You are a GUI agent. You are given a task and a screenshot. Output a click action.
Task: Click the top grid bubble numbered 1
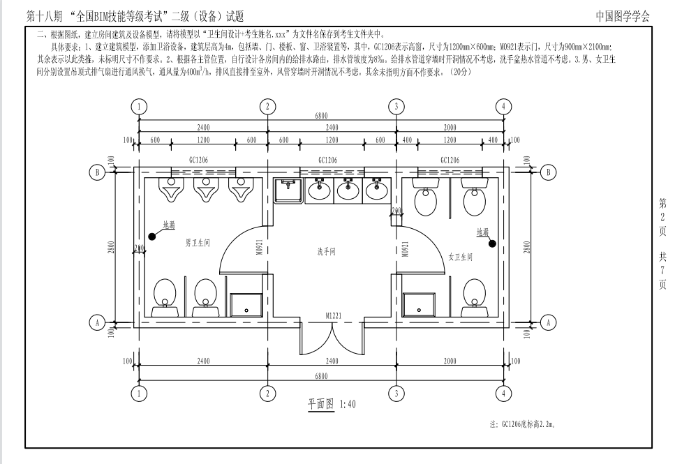click(139, 106)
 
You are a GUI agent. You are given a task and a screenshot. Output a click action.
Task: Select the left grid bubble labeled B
click(97, 172)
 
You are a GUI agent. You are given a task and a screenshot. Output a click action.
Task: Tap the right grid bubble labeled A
click(548, 322)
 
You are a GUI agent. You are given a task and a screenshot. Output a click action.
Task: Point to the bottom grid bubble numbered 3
click(396, 393)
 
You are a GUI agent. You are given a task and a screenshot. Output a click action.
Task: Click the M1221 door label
click(333, 316)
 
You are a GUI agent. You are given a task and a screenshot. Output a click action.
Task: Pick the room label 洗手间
click(326, 251)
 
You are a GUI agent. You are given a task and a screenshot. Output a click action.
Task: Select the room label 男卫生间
click(198, 243)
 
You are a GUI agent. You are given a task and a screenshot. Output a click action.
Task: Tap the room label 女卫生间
click(460, 257)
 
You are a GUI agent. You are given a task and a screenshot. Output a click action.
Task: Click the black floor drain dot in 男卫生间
click(151, 237)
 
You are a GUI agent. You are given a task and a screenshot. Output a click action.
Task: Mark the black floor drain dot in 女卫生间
click(493, 244)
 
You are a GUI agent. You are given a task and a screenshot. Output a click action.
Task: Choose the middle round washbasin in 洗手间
click(348, 189)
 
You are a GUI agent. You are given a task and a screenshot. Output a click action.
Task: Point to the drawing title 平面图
click(320, 404)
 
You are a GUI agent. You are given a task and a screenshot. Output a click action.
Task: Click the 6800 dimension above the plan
click(321, 115)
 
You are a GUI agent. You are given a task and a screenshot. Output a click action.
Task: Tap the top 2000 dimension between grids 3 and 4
click(450, 128)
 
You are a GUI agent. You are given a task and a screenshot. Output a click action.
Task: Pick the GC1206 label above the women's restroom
click(450, 160)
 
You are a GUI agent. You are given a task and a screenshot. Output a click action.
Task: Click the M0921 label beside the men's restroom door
click(260, 248)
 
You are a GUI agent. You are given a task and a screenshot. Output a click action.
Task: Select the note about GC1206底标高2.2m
click(521, 424)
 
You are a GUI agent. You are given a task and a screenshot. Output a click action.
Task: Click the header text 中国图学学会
click(623, 16)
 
